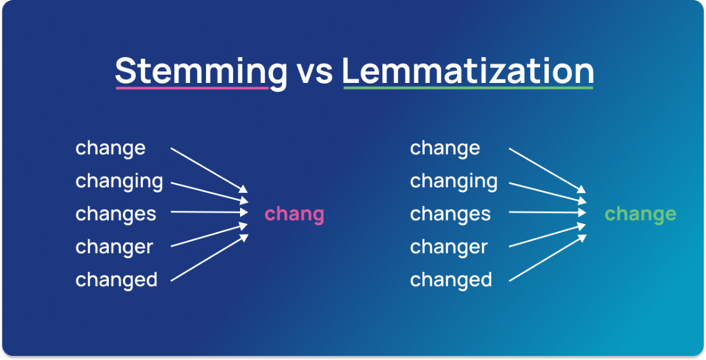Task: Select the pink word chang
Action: click(294, 214)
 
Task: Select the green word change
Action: click(640, 214)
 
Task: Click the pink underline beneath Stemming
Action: click(192, 88)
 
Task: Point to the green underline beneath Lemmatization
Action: click(468, 88)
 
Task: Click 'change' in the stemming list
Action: click(110, 148)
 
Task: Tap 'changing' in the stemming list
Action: click(119, 181)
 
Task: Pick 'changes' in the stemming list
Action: click(116, 214)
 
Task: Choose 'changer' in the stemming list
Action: click(114, 247)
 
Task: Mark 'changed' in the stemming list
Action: click(116, 280)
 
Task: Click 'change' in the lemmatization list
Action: click(445, 148)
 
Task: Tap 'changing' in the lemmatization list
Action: click(454, 181)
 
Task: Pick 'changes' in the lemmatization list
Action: click(450, 214)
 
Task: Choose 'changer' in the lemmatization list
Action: click(449, 247)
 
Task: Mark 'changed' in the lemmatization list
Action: click(451, 280)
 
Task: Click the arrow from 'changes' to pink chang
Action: click(209, 212)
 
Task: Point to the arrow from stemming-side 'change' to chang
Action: click(209, 170)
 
